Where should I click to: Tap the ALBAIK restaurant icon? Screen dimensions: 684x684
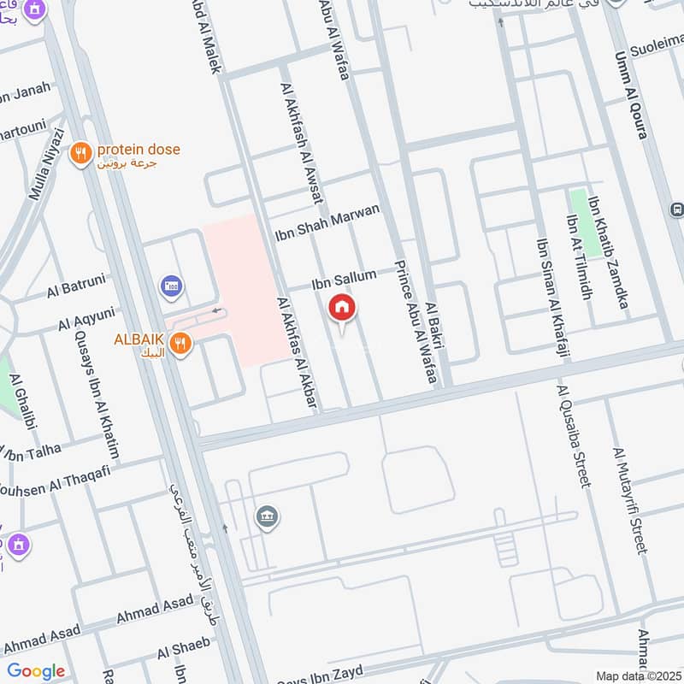tap(180, 344)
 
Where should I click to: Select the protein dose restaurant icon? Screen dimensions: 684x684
tap(81, 154)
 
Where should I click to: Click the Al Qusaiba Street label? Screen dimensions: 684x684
tap(573, 436)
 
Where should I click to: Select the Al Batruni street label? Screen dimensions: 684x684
tap(76, 289)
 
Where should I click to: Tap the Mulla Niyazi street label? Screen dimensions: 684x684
tap(48, 164)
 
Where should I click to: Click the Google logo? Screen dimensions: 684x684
tap(35, 670)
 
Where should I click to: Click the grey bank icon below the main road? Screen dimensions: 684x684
tap(267, 517)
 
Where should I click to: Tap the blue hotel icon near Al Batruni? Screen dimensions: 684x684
tap(170, 284)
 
